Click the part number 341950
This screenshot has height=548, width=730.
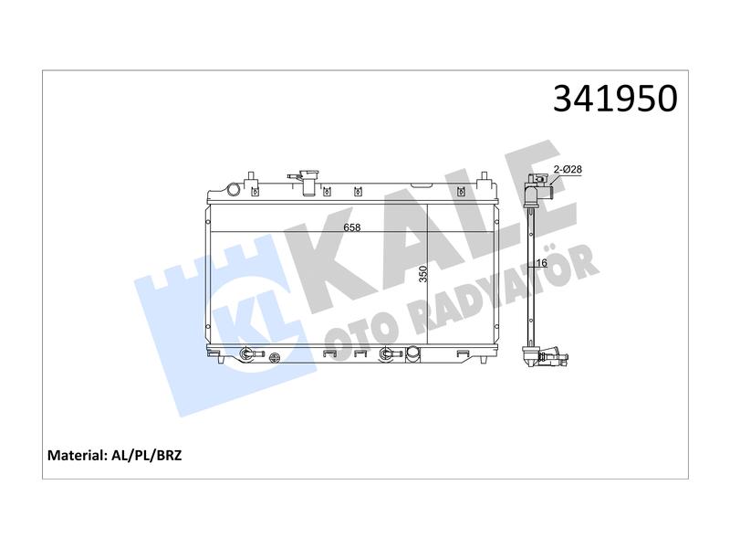tap(615, 99)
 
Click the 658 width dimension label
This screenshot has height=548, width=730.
tap(352, 227)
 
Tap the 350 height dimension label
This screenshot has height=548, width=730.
tap(422, 273)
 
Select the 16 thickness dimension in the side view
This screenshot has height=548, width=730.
tap(541, 263)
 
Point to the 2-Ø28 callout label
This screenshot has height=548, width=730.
tap(568, 169)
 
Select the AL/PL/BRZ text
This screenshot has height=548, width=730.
tap(147, 455)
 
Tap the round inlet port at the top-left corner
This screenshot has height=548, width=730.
tap(233, 189)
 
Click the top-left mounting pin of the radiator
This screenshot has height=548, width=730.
tap(251, 178)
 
